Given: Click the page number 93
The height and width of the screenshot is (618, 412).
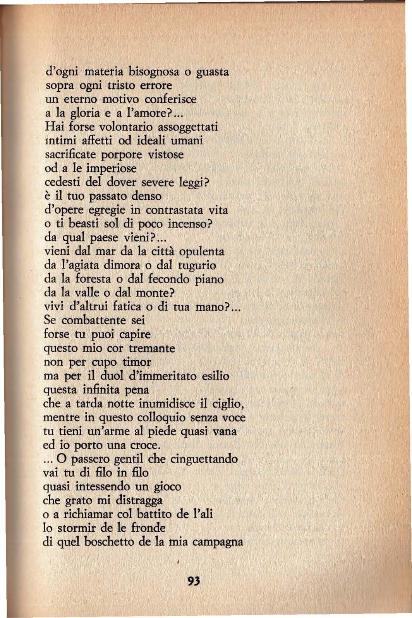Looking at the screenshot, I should pos(194,581).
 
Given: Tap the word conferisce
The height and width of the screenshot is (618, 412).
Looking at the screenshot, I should pos(170,99).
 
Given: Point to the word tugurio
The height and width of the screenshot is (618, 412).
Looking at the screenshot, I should pos(197,265).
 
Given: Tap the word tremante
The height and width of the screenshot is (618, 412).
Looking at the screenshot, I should pos(152,348).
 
